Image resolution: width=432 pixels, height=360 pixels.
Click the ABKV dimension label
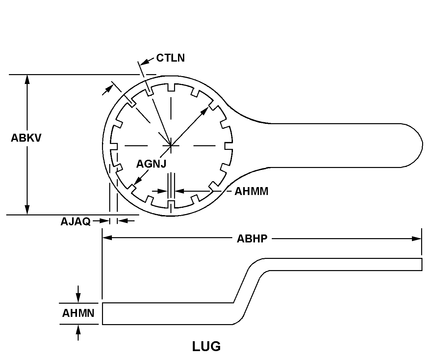coord(26,138)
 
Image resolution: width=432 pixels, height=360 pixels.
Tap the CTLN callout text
coord(170,58)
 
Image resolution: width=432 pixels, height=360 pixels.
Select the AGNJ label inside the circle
coord(151,164)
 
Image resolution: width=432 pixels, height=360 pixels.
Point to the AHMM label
coord(251,191)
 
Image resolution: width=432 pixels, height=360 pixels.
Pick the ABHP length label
coord(252,239)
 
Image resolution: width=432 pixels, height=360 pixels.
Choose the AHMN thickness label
coord(78,313)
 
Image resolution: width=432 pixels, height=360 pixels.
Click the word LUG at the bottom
coord(206,346)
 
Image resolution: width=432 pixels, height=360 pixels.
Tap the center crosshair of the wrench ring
coord(171,146)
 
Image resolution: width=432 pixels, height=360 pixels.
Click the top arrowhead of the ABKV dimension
coord(27,79)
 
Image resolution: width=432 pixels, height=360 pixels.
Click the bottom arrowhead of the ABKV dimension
coord(27,210)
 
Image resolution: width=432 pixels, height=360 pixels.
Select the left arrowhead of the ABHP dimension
coord(107,238)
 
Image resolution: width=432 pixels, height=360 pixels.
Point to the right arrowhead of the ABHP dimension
coord(417,239)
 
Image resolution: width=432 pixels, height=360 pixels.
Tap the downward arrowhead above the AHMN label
coord(78,298)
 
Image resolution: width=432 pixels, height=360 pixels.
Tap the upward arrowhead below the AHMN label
coord(78,330)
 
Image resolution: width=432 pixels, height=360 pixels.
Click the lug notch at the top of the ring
coord(171,87)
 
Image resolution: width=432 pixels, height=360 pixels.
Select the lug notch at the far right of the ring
coord(229,146)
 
